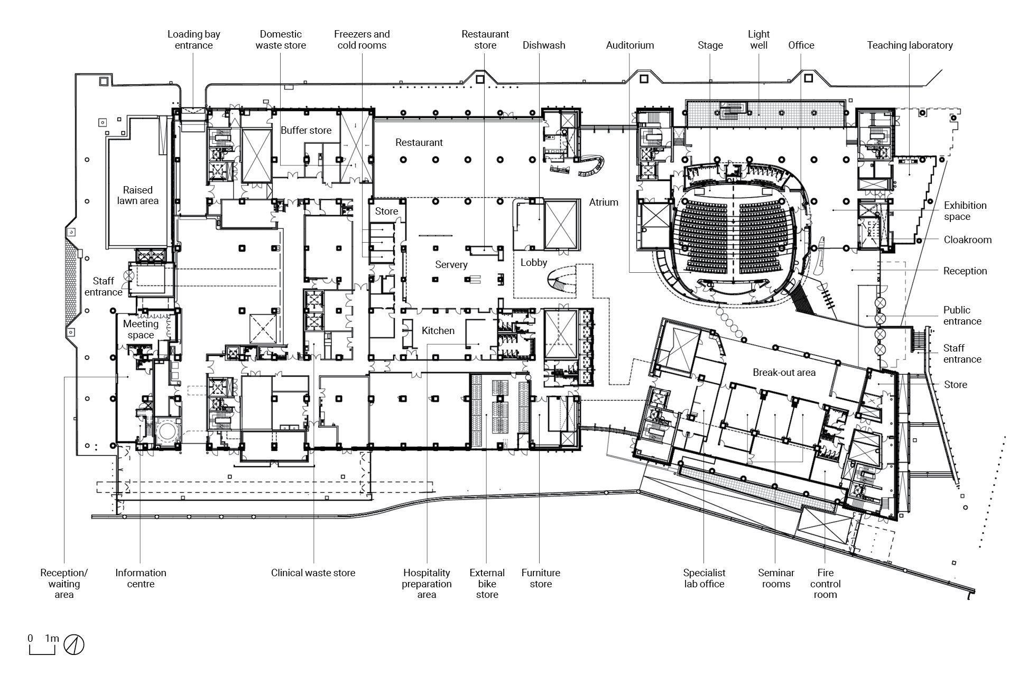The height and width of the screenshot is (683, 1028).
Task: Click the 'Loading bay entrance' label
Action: point(193,40)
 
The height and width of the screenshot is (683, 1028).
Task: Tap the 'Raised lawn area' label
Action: point(137,195)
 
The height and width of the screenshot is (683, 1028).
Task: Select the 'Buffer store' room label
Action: point(306,131)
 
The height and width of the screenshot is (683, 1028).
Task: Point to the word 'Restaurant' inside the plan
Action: point(419,143)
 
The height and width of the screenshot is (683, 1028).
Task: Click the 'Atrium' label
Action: point(604,202)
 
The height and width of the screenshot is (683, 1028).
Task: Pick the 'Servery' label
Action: point(451,265)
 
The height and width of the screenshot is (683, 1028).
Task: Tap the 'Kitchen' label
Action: point(438,331)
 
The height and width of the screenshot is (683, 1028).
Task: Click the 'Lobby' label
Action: point(533,263)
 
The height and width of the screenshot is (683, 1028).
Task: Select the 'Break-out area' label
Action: point(784,373)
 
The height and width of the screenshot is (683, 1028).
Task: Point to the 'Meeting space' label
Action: point(141,329)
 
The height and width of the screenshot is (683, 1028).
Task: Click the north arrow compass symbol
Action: point(74,644)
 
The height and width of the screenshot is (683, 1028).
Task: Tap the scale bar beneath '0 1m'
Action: point(42,651)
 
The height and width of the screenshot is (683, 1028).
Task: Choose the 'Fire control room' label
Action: point(825,584)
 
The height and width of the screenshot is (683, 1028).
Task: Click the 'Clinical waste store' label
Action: point(313,573)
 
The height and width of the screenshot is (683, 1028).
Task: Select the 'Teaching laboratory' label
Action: point(910,45)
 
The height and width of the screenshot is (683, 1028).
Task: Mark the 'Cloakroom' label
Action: point(967,240)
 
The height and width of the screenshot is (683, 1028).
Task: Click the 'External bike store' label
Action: point(487,584)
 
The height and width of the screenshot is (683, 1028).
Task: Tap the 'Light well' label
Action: point(758,40)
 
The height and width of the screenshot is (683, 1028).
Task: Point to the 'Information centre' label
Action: point(141,578)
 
